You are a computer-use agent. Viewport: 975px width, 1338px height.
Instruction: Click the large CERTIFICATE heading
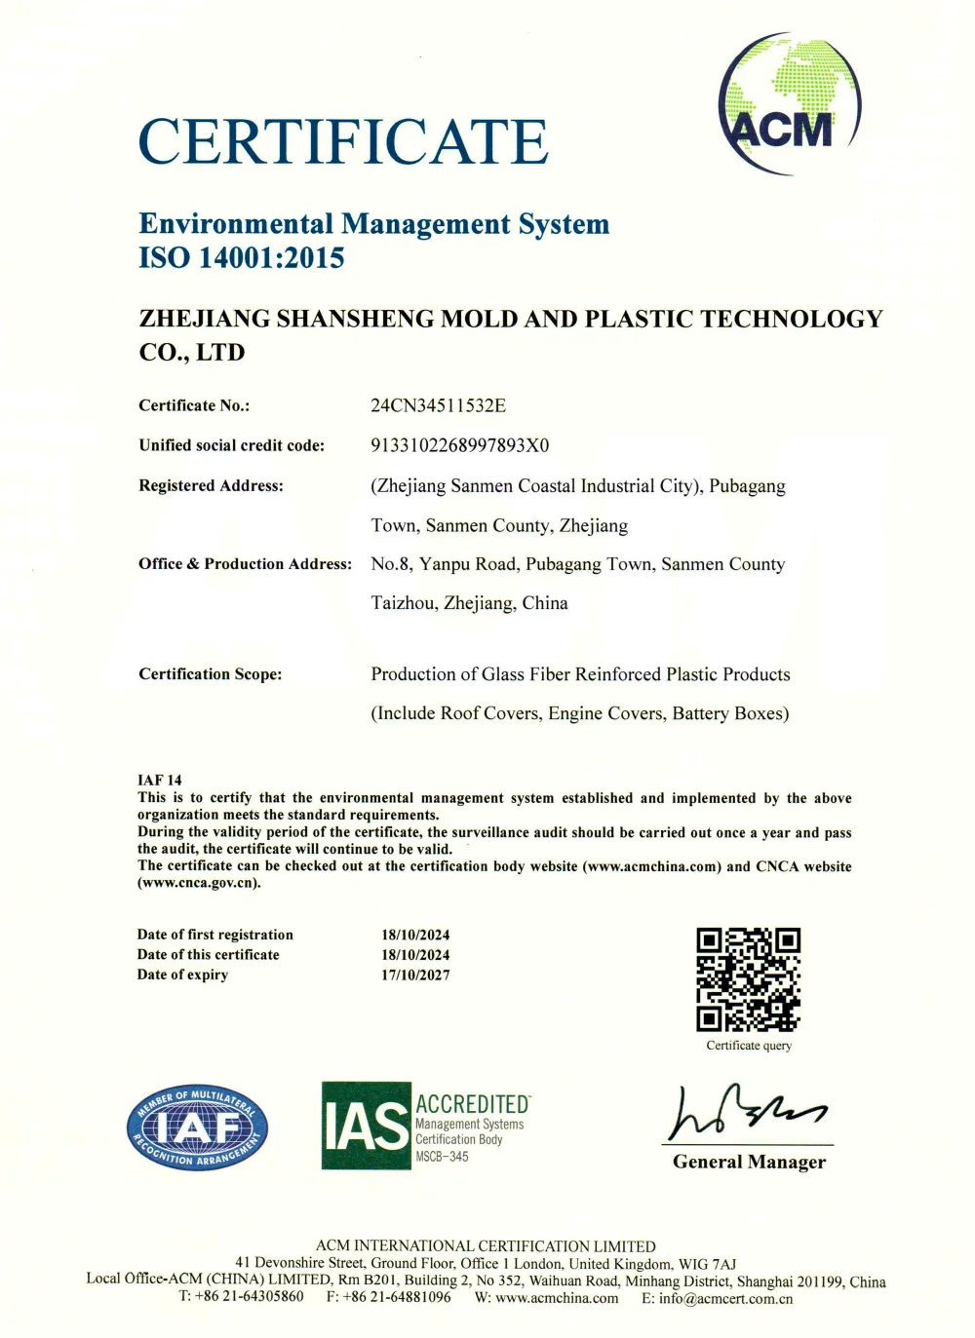click(x=343, y=142)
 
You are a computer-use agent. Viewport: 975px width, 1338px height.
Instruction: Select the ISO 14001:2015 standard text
click(x=242, y=258)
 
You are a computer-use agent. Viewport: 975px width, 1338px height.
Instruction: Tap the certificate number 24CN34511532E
click(x=439, y=405)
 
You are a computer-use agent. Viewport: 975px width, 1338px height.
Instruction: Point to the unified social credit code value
click(x=460, y=445)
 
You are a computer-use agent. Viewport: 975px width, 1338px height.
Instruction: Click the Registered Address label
click(x=211, y=485)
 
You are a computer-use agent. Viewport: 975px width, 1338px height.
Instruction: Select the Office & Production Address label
click(x=245, y=563)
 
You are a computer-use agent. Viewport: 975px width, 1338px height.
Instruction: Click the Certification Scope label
click(x=210, y=673)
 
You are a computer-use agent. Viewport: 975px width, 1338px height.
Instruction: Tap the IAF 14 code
click(x=160, y=780)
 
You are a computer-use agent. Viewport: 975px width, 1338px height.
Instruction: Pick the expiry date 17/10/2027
click(x=415, y=975)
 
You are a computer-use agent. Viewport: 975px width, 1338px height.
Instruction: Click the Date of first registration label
click(x=214, y=935)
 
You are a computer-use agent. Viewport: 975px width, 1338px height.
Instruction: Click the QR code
click(x=748, y=979)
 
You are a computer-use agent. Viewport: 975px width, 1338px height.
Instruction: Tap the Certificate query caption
click(x=749, y=1046)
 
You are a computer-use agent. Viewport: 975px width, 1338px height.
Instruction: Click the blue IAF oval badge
click(x=197, y=1128)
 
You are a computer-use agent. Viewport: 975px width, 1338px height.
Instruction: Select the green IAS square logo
click(x=366, y=1126)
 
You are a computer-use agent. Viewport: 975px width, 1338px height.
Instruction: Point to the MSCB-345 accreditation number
click(x=442, y=1157)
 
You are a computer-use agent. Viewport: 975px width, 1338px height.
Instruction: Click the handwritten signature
click(x=746, y=1112)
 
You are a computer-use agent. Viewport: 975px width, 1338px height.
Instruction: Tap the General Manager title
click(x=749, y=1162)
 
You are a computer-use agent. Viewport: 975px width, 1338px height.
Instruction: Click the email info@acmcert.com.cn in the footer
click(x=725, y=1298)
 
